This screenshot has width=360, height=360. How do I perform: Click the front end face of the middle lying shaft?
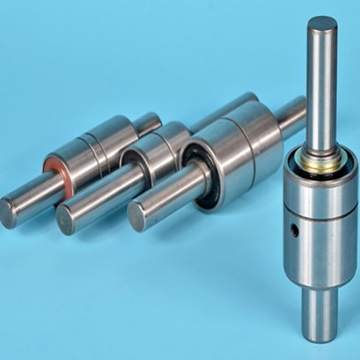(x=67, y=218)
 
